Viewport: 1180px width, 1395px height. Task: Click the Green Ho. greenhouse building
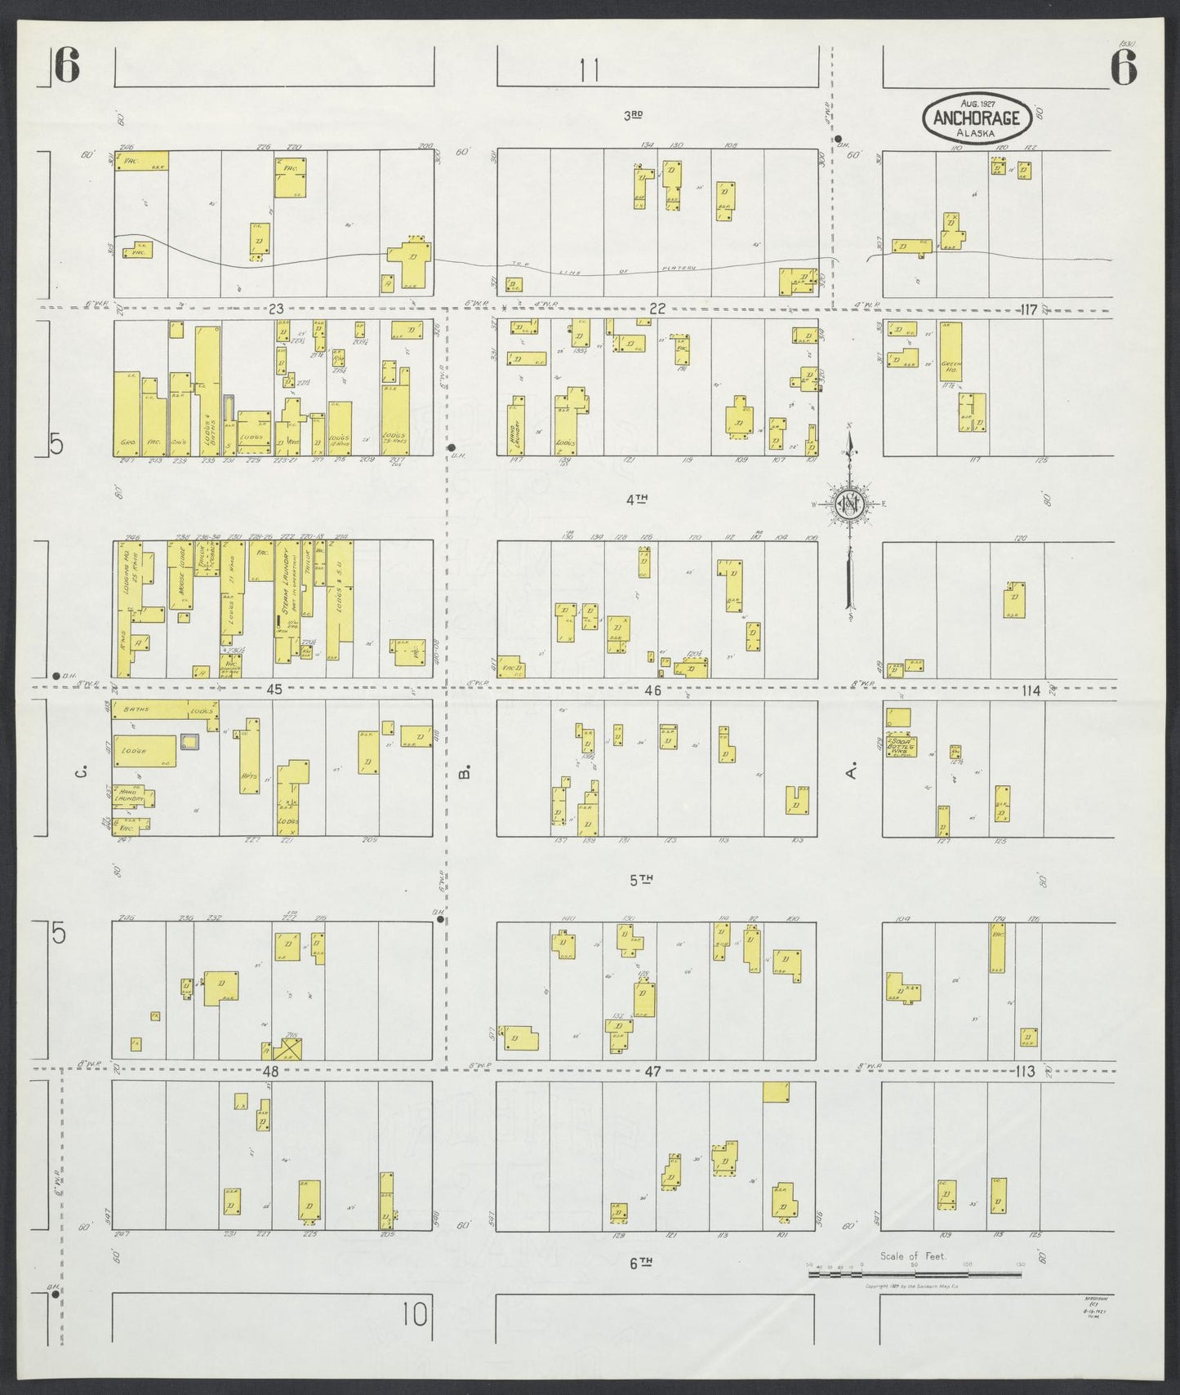click(950, 353)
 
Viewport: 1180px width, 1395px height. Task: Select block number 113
click(1026, 1071)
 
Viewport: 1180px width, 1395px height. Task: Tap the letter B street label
click(465, 771)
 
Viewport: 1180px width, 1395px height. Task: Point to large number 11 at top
click(590, 71)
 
